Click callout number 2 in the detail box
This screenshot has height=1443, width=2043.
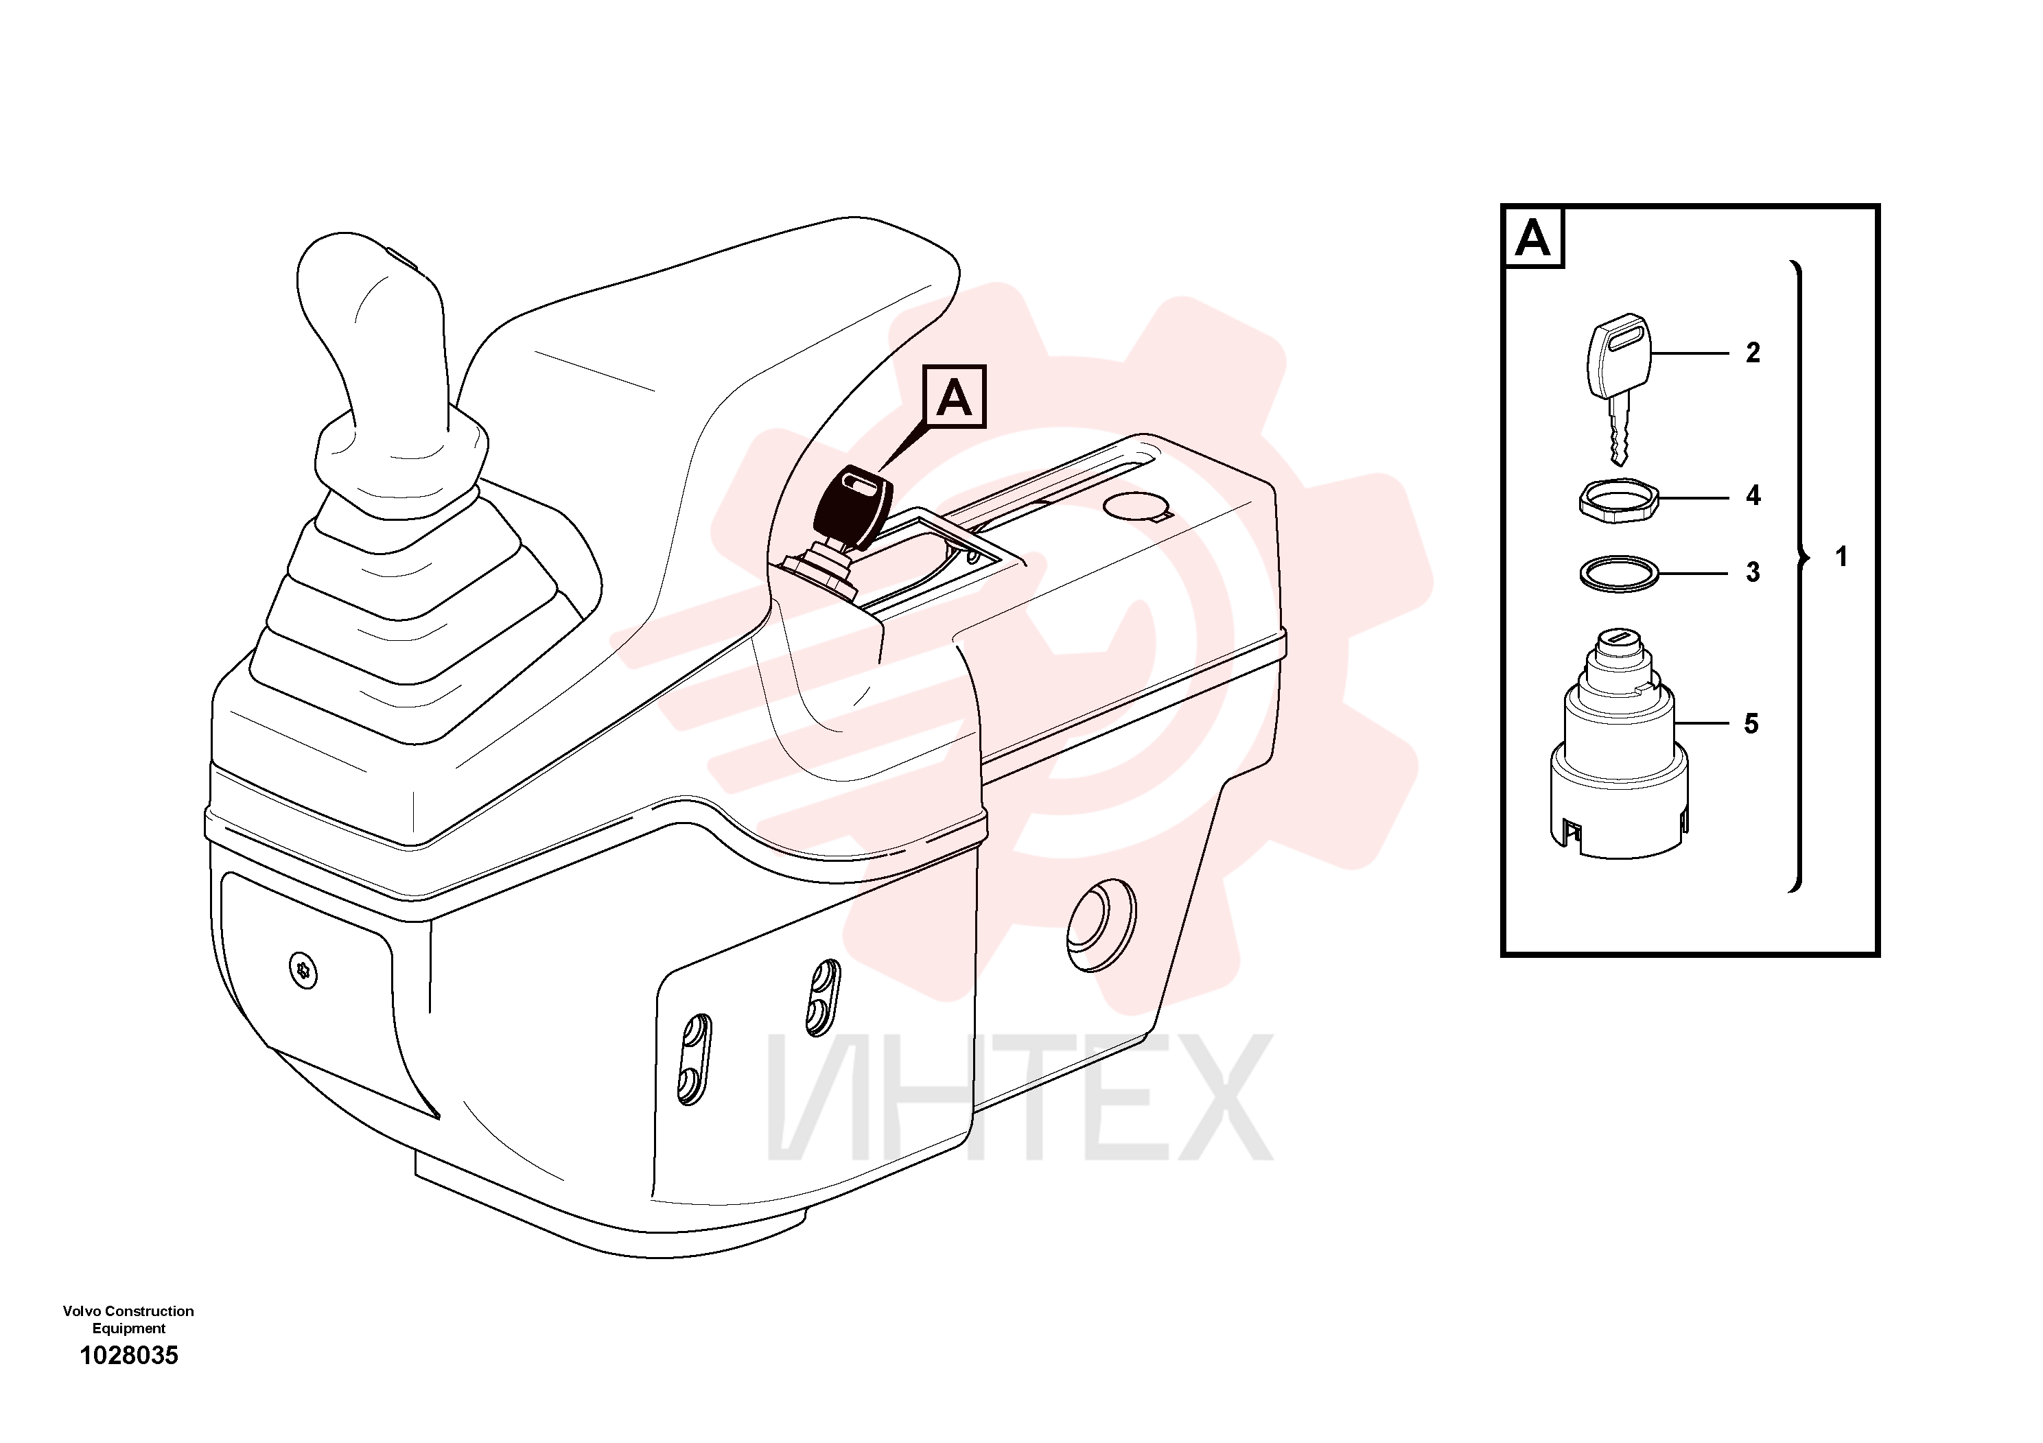coord(1753,353)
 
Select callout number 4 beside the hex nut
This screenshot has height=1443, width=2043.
coord(1753,495)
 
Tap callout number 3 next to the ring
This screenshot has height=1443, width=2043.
coord(1753,572)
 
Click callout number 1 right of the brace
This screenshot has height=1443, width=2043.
coord(1842,557)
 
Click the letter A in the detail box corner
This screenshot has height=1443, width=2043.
coord(1533,237)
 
